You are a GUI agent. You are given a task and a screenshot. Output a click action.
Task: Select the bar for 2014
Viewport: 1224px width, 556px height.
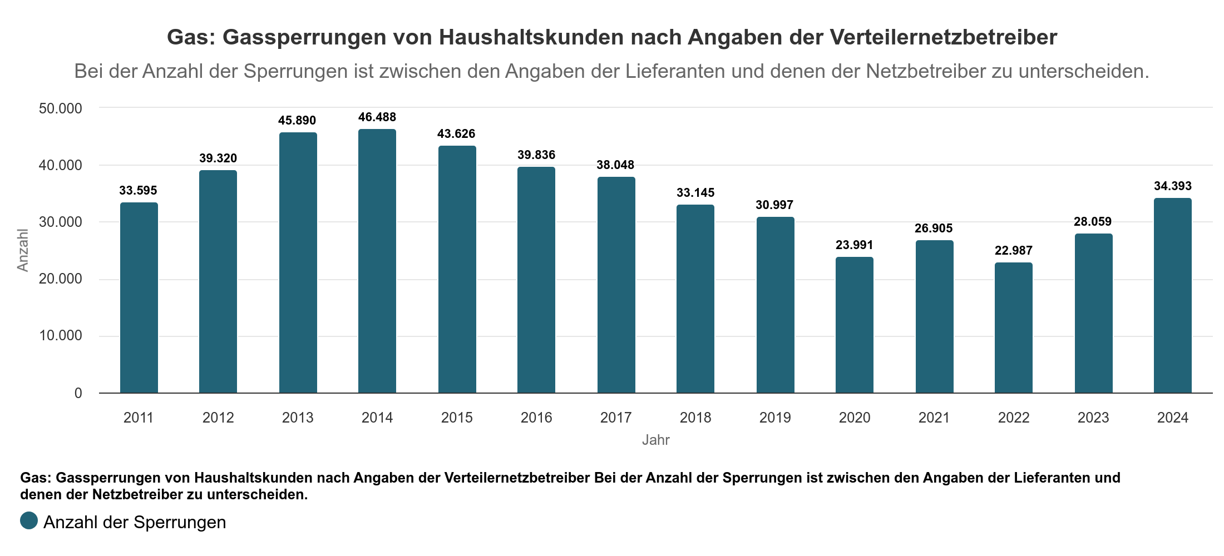[x=377, y=261]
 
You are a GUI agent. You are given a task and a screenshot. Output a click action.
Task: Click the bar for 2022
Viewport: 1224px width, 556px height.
[x=1014, y=328]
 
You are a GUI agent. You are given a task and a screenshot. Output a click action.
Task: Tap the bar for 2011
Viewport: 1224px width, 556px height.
[x=139, y=298]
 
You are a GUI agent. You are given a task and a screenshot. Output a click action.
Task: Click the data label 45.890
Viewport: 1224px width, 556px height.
[x=297, y=121]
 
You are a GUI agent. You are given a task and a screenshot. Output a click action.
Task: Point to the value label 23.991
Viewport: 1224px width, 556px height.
[x=855, y=245]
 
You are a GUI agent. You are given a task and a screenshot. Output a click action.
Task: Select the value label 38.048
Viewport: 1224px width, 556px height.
[x=615, y=165]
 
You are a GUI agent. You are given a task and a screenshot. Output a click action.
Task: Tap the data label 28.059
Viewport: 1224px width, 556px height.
[x=1093, y=222]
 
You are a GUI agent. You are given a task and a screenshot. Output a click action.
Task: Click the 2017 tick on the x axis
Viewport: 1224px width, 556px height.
[x=616, y=418]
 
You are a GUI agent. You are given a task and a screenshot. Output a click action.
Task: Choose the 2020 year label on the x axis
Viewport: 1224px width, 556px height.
[x=855, y=418]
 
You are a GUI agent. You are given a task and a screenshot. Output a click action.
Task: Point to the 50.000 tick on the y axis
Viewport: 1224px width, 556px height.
[x=60, y=108]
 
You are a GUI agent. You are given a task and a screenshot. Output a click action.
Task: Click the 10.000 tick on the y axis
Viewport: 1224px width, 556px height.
[x=60, y=336]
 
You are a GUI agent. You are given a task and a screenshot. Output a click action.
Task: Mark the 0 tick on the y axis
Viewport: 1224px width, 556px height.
[x=78, y=394]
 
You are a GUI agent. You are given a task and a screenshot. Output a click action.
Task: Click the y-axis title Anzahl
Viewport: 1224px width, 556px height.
[x=23, y=250]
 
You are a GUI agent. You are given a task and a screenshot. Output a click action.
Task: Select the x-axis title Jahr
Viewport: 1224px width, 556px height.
[x=655, y=440]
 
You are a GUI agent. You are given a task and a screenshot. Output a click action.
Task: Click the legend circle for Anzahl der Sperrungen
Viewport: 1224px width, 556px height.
[x=29, y=521]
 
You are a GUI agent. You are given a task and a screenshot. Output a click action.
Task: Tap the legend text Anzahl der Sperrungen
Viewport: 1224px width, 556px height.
[x=135, y=523]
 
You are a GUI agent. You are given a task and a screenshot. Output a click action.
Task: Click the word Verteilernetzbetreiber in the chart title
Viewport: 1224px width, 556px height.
[x=944, y=37]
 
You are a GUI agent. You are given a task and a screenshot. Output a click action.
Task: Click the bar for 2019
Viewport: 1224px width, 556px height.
[x=775, y=305]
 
